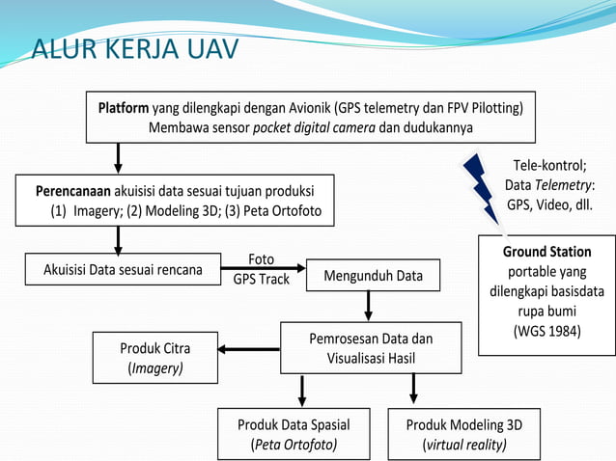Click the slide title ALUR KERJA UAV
pos(135,47)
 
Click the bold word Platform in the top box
pos(124,107)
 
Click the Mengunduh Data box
pos(373,276)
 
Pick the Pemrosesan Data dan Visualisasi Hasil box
pos(371,348)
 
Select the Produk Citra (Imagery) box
pos(154,357)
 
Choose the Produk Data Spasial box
pos(294,434)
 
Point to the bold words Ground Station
pos(546,253)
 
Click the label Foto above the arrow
pos(261,259)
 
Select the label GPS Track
pos(261,279)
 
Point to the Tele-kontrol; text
pos(549,164)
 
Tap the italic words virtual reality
pos(464,445)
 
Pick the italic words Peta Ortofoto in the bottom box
pos(294,445)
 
